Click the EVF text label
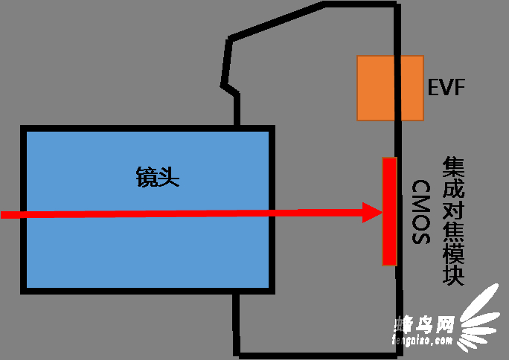(x=447, y=88)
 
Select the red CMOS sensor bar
(x=388, y=211)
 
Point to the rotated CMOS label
(x=421, y=212)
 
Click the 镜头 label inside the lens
(x=158, y=177)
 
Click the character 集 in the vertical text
(x=453, y=166)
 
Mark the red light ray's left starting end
(x=3, y=215)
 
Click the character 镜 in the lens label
(x=147, y=177)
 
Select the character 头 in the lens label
(x=169, y=177)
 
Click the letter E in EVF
(x=434, y=88)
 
